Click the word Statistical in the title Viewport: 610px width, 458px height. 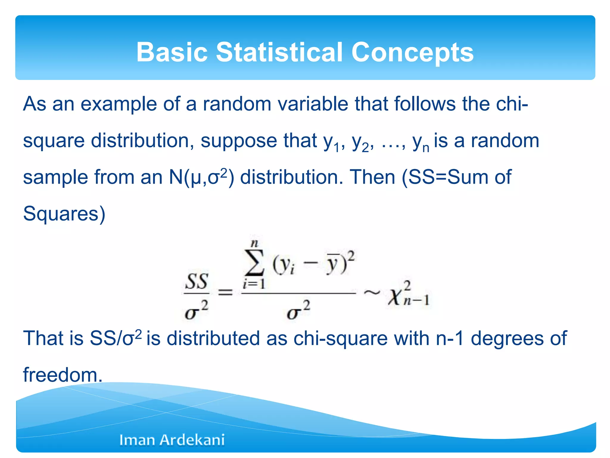(x=279, y=52)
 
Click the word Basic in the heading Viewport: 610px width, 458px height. (x=172, y=52)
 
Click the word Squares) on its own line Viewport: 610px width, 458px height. (x=64, y=214)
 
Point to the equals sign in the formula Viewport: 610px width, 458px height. (x=225, y=293)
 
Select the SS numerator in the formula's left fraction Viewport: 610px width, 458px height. (x=196, y=281)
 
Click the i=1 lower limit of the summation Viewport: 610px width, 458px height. (x=254, y=284)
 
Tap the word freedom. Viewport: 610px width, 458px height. (x=63, y=375)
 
